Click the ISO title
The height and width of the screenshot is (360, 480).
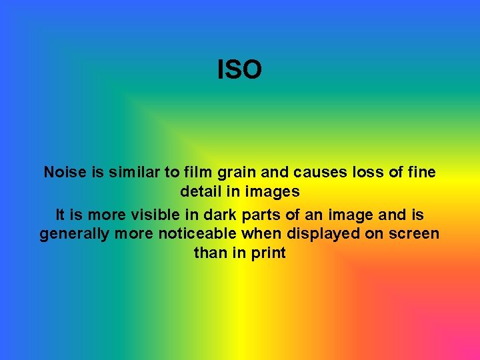pyautogui.click(x=239, y=69)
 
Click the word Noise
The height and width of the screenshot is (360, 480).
pyautogui.click(x=66, y=172)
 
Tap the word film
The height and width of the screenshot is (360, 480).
pyautogui.click(x=197, y=172)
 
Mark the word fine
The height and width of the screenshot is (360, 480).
pyautogui.click(x=420, y=172)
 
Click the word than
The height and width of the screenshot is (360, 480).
pyautogui.click(x=209, y=253)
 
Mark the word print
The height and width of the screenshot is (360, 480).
pyautogui.click(x=269, y=254)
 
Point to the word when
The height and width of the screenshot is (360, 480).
pyautogui.click(x=256, y=234)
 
